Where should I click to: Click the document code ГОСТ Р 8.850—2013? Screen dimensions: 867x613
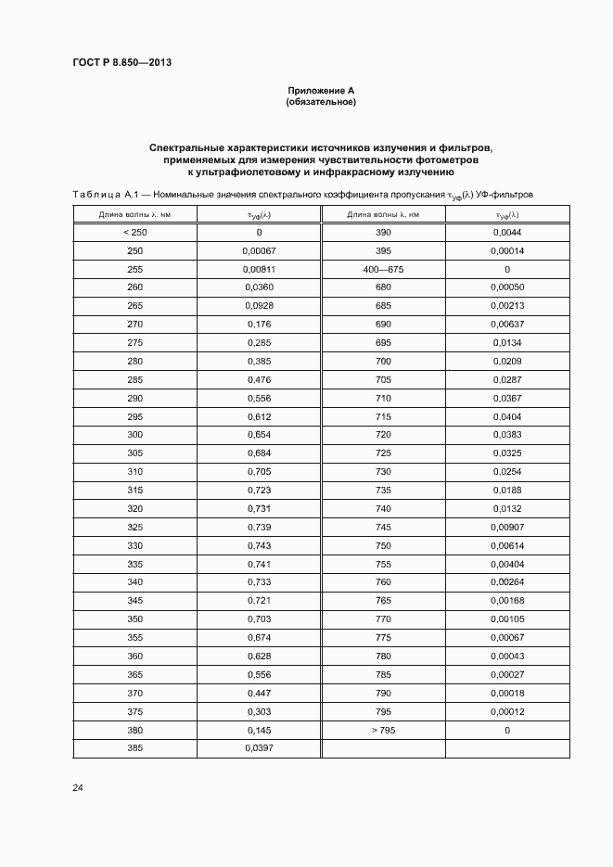121,62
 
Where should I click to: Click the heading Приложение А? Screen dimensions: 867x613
321,90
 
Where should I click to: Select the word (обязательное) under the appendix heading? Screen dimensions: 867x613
321,101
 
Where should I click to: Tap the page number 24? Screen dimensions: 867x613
78,787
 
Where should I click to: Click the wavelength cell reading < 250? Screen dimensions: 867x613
134,233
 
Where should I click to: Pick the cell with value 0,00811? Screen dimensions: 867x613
259,269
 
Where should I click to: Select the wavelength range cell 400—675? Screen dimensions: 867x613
383,269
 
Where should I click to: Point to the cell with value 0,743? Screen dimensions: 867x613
259,545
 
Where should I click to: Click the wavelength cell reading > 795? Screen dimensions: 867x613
383,730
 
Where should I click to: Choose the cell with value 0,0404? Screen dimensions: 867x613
507,416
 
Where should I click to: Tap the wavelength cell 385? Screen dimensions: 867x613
134,748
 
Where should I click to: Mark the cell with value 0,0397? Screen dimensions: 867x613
259,748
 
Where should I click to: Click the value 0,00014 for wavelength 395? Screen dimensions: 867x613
507,251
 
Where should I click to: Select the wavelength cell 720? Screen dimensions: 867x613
383,435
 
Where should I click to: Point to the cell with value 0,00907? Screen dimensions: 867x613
507,527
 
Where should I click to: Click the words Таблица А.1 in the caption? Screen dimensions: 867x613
105,194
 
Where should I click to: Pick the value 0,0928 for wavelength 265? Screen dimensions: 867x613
259,306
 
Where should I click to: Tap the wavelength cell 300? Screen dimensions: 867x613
134,435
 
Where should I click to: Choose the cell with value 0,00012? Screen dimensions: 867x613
507,711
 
